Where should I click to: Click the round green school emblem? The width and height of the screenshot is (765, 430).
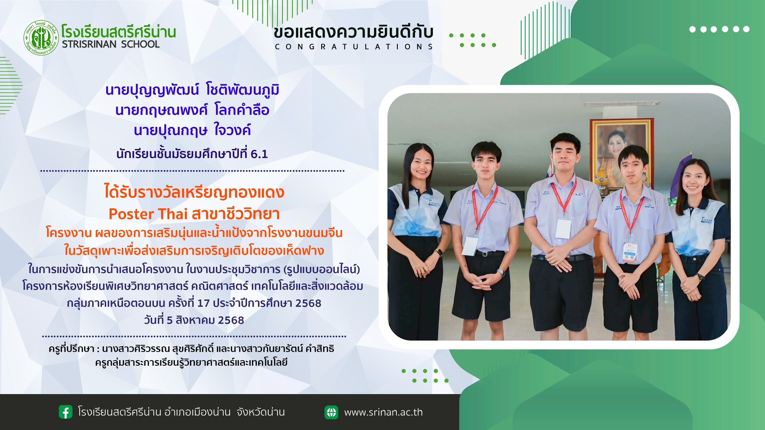pyautogui.click(x=41, y=38)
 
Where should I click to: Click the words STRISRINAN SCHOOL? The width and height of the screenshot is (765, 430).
pyautogui.click(x=111, y=44)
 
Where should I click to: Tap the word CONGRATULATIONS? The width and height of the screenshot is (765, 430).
pyautogui.click(x=354, y=47)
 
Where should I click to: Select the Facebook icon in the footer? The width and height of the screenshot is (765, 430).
pyautogui.click(x=65, y=412)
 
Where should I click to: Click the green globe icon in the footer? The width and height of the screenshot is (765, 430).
pyautogui.click(x=331, y=412)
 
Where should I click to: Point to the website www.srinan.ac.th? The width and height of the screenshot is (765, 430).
pyautogui.click(x=383, y=412)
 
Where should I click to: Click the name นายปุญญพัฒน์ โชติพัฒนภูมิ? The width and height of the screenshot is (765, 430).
pyautogui.click(x=192, y=91)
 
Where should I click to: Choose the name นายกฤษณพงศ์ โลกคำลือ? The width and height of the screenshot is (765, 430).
pyautogui.click(x=192, y=110)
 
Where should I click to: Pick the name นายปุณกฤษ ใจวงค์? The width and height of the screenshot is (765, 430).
pyautogui.click(x=192, y=130)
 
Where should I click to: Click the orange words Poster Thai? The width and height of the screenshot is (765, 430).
pyautogui.click(x=148, y=214)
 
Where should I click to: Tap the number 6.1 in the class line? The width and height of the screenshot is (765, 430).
pyautogui.click(x=259, y=154)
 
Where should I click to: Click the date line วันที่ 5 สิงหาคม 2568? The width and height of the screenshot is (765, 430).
pyautogui.click(x=194, y=320)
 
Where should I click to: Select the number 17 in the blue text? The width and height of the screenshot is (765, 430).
pyautogui.click(x=203, y=303)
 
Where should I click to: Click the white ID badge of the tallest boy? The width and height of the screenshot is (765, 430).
pyautogui.click(x=563, y=228)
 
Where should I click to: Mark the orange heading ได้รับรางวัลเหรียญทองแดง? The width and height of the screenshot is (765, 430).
pyautogui.click(x=194, y=193)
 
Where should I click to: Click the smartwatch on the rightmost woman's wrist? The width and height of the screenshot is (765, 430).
pyautogui.click(x=700, y=277)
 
